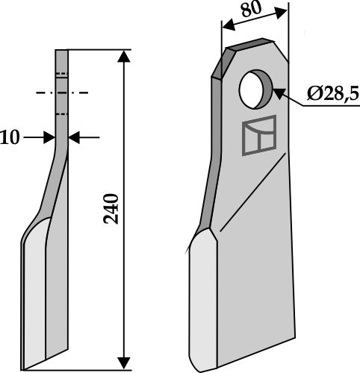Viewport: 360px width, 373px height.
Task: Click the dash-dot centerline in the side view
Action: (61, 93)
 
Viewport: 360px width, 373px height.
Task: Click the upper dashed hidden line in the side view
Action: (61, 75)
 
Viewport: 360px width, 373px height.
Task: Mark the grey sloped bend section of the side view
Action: (54, 179)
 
